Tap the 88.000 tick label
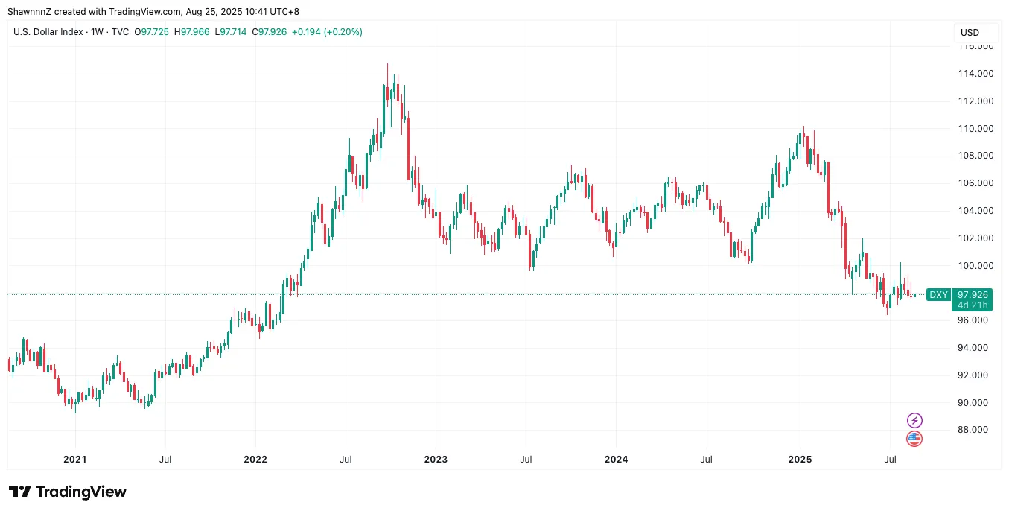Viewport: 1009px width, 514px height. point(973,431)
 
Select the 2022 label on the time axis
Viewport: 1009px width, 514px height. point(255,460)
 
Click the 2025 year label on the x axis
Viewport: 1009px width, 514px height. point(800,460)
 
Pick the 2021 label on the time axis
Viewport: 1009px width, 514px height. point(74,460)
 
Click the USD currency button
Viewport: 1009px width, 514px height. point(970,33)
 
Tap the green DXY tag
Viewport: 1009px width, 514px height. point(938,295)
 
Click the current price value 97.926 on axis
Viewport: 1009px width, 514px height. point(973,295)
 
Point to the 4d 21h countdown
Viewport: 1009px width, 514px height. point(973,305)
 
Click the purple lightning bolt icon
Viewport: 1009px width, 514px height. point(914,420)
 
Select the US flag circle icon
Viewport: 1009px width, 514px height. point(914,439)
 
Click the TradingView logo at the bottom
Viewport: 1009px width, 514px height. point(68,492)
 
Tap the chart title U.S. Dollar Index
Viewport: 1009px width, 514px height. point(48,32)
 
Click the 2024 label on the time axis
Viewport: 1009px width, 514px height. point(617,460)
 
